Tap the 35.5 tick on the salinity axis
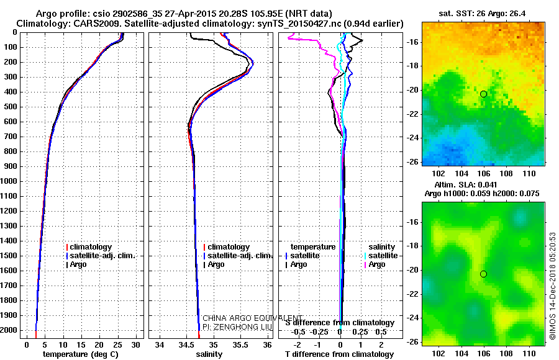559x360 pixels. tap(240, 344)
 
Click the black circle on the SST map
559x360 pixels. tap(483, 94)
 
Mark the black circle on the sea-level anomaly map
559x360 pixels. tap(483, 274)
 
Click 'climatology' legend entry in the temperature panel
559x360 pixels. tap(93, 247)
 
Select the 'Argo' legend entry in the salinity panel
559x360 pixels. tap(216, 264)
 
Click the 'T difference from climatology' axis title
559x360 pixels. tap(339, 354)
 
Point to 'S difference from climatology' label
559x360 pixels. tap(339, 323)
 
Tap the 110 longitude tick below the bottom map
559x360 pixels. tap(529, 351)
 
